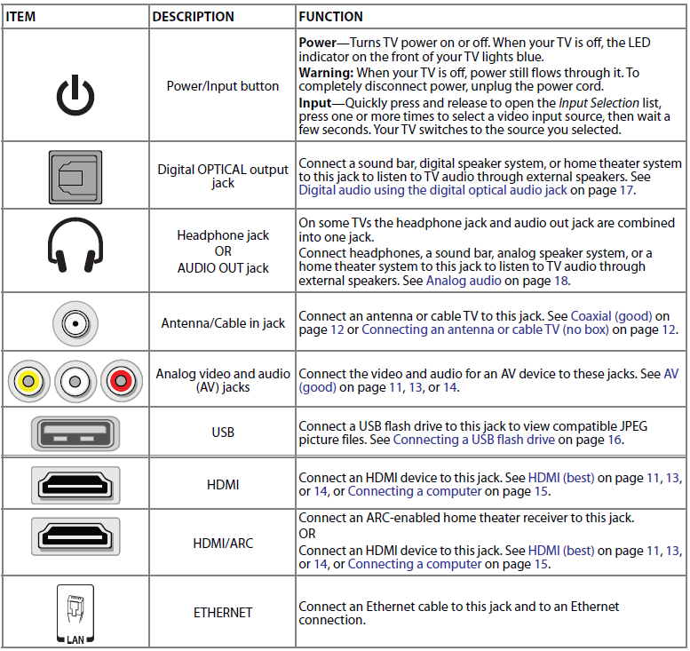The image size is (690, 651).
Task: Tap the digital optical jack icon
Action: click(75, 176)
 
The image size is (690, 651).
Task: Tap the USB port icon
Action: click(75, 432)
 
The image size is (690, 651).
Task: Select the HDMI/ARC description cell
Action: click(223, 543)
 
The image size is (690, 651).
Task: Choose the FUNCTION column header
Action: click(330, 17)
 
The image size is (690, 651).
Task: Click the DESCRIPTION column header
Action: click(193, 17)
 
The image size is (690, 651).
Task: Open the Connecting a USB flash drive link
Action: click(473, 440)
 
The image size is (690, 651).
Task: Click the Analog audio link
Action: click(463, 281)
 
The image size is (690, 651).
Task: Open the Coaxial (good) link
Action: click(611, 315)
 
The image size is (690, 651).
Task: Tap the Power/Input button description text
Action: click(223, 86)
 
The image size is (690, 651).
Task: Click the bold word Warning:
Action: click(328, 72)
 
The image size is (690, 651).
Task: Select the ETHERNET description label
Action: click(223, 613)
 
